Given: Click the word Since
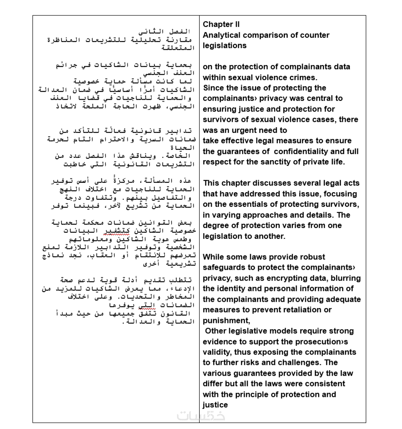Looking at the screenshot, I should pos(214,88).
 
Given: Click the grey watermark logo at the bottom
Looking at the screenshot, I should pos(201,416).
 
